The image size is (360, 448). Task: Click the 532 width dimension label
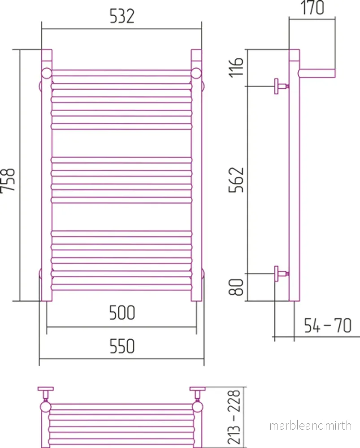pos(122,16)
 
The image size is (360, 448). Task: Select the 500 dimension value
pos(122,313)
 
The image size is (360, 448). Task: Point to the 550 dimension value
pos(122,346)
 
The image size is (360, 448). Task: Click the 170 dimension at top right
pos(312,8)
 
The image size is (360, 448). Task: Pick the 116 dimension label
pos(236,67)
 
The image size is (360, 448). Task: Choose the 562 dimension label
pos(236,180)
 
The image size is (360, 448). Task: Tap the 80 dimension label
pos(236,287)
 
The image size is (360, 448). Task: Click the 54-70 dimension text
pos(328,325)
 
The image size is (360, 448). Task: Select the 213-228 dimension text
pos(234,417)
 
